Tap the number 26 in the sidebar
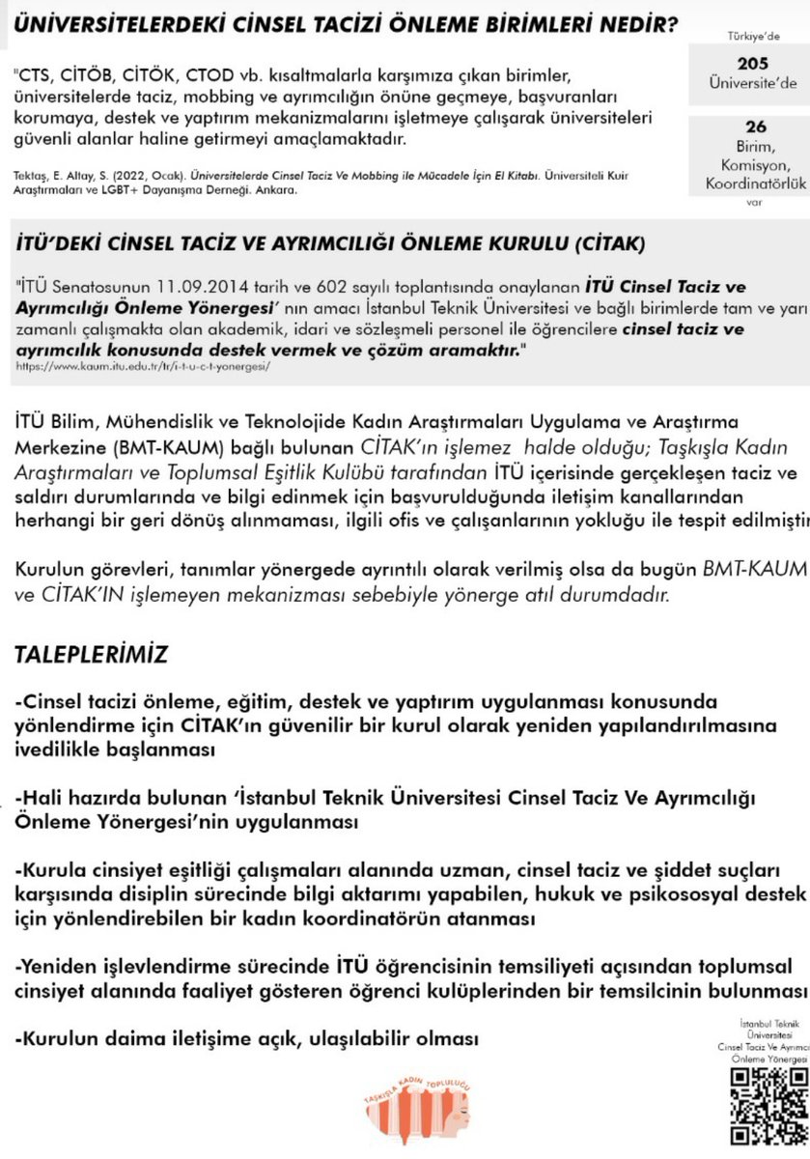coord(756,127)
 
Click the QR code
coord(768,1105)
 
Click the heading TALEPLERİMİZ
coord(91,655)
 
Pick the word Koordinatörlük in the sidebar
coord(756,184)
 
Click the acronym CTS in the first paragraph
coord(38,75)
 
